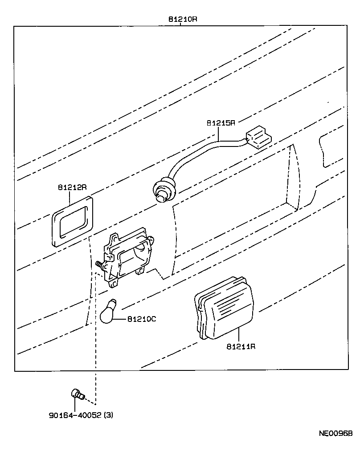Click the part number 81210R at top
pyautogui.click(x=183, y=20)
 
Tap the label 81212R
pyautogui.click(x=71, y=187)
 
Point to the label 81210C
pyautogui.click(x=142, y=319)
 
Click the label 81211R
pyautogui.click(x=241, y=346)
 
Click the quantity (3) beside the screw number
pyautogui.click(x=108, y=416)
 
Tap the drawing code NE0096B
pyautogui.click(x=335, y=433)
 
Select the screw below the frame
pyautogui.click(x=78, y=394)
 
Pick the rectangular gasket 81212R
pyautogui.click(x=73, y=220)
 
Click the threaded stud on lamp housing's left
pyautogui.click(x=98, y=264)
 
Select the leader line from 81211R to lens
pyautogui.click(x=239, y=334)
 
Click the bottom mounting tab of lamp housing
pyautogui.click(x=114, y=281)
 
